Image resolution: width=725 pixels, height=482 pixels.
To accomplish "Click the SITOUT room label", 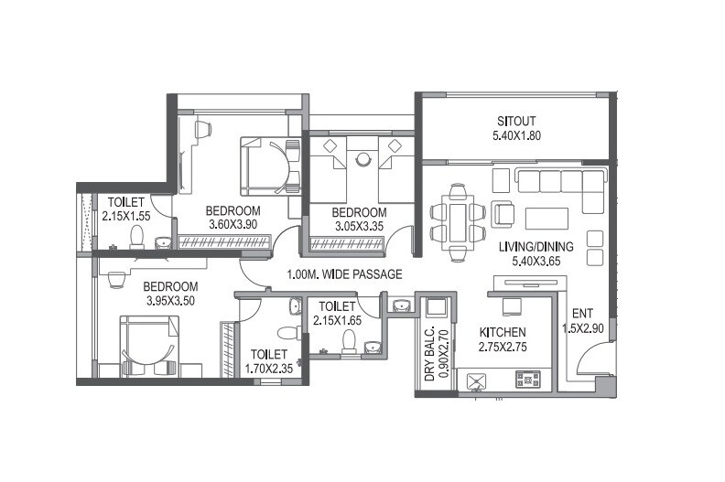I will pyautogui.click(x=516, y=121).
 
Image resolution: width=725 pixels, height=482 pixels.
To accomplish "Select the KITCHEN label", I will pyautogui.click(x=503, y=332).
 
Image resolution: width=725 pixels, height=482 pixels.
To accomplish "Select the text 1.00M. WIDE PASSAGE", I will pyautogui.click(x=343, y=274).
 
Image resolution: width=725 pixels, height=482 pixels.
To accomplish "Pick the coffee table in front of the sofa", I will pyautogui.click(x=546, y=218).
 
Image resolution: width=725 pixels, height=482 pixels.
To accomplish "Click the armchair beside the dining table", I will pyautogui.click(x=503, y=214).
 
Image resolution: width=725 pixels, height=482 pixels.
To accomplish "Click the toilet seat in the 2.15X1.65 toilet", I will pyautogui.click(x=348, y=340).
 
